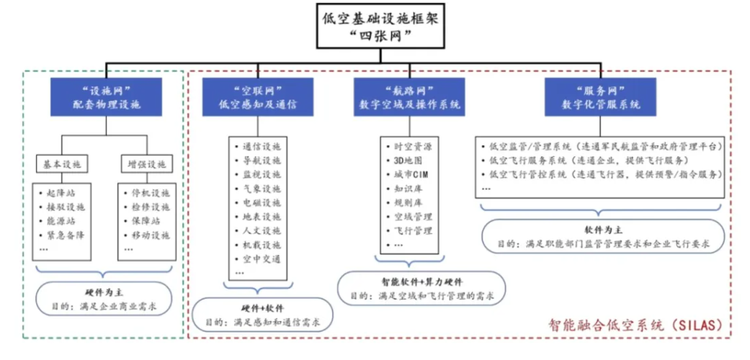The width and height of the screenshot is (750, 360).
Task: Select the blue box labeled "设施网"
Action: pyautogui.click(x=107, y=96)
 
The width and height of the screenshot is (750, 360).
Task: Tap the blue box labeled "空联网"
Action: pyautogui.click(x=258, y=96)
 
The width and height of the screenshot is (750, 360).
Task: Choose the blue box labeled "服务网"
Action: pyautogui.click(x=600, y=96)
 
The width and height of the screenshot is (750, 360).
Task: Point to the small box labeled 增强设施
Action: pyautogui.click(x=146, y=163)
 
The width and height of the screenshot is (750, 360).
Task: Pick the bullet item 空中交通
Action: pyautogui.click(x=262, y=259)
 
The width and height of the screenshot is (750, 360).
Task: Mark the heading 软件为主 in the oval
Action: pyautogui.click(x=603, y=231)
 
